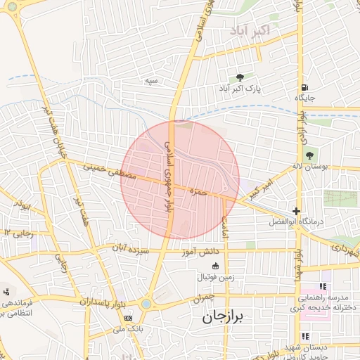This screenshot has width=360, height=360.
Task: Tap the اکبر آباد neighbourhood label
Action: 250,30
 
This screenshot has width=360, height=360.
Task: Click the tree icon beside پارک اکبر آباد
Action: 241,78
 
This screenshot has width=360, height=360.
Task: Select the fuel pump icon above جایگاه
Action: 304,86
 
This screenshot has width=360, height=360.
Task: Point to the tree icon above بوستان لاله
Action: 310,155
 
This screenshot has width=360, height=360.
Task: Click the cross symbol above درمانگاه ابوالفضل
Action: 297,211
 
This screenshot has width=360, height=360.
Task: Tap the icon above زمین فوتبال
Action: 215,266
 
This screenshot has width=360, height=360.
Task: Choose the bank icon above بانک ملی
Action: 127,318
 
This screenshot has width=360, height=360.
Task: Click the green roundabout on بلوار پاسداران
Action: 146,304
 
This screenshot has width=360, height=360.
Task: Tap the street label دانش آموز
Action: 221,250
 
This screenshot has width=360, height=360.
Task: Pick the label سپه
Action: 150,81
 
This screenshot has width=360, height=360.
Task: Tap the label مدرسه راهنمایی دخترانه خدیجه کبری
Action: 328,302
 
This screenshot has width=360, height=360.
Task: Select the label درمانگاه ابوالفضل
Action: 296,221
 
